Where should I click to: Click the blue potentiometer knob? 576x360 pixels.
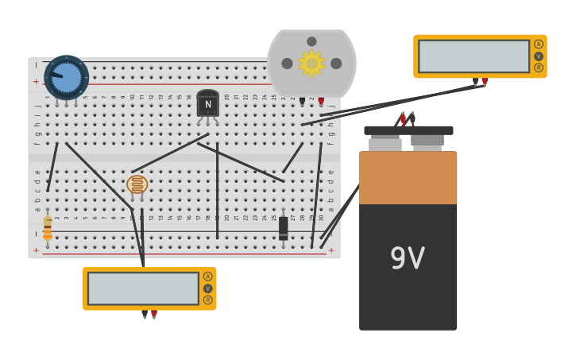(66, 77)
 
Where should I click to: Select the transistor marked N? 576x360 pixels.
(207, 104)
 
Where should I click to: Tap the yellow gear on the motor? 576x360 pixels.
(311, 64)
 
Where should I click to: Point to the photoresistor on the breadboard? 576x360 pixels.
(137, 184)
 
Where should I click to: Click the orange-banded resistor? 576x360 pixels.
(48, 228)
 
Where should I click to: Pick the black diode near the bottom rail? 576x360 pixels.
(283, 228)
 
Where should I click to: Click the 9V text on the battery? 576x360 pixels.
(407, 258)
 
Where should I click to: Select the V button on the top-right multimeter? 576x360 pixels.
(539, 56)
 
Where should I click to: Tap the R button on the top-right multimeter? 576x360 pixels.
(539, 68)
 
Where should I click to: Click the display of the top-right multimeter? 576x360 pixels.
(474, 56)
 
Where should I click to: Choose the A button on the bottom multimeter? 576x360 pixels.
(207, 277)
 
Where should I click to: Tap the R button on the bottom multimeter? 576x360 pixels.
(207, 300)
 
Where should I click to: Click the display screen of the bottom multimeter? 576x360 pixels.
(143, 288)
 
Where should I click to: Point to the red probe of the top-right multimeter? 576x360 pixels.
(485, 81)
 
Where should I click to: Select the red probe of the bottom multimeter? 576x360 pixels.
(154, 314)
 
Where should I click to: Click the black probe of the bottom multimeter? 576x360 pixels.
(145, 314)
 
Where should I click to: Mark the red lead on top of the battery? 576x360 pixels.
(403, 119)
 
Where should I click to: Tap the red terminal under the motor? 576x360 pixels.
(321, 101)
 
